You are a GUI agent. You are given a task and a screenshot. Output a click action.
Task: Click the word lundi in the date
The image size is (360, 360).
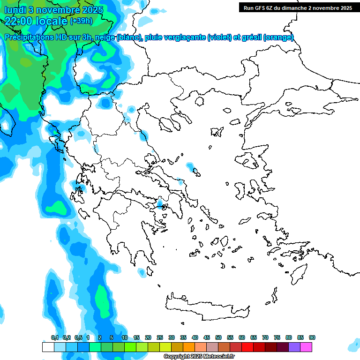pyautogui.click(x=15, y=9)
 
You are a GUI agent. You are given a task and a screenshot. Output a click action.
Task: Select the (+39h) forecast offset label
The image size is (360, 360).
pyautogui.click(x=81, y=21)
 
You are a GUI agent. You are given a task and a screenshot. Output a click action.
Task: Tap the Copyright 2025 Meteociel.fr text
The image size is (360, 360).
pyautogui.click(x=199, y=357)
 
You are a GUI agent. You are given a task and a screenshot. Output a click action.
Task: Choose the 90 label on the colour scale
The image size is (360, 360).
pyautogui.click(x=312, y=337)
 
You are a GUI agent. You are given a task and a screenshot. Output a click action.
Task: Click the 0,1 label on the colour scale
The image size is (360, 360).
pyautogui.click(x=54, y=337)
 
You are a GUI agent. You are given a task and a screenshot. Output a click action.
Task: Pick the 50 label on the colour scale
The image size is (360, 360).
pyautogui.click(x=218, y=337)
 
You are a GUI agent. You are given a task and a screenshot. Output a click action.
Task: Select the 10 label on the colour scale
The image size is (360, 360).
pyautogui.click(x=125, y=337)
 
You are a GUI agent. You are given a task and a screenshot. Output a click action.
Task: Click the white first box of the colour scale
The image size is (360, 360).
pyautogui.click(x=48, y=347)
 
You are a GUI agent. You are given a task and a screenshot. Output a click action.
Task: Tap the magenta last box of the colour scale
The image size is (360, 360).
pyautogui.click(x=306, y=347)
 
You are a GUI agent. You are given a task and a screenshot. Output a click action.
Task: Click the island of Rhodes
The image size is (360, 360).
pyautogui.click(x=299, y=272)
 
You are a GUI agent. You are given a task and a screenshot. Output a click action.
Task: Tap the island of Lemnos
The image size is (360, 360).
pyautogui.click(x=217, y=131)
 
